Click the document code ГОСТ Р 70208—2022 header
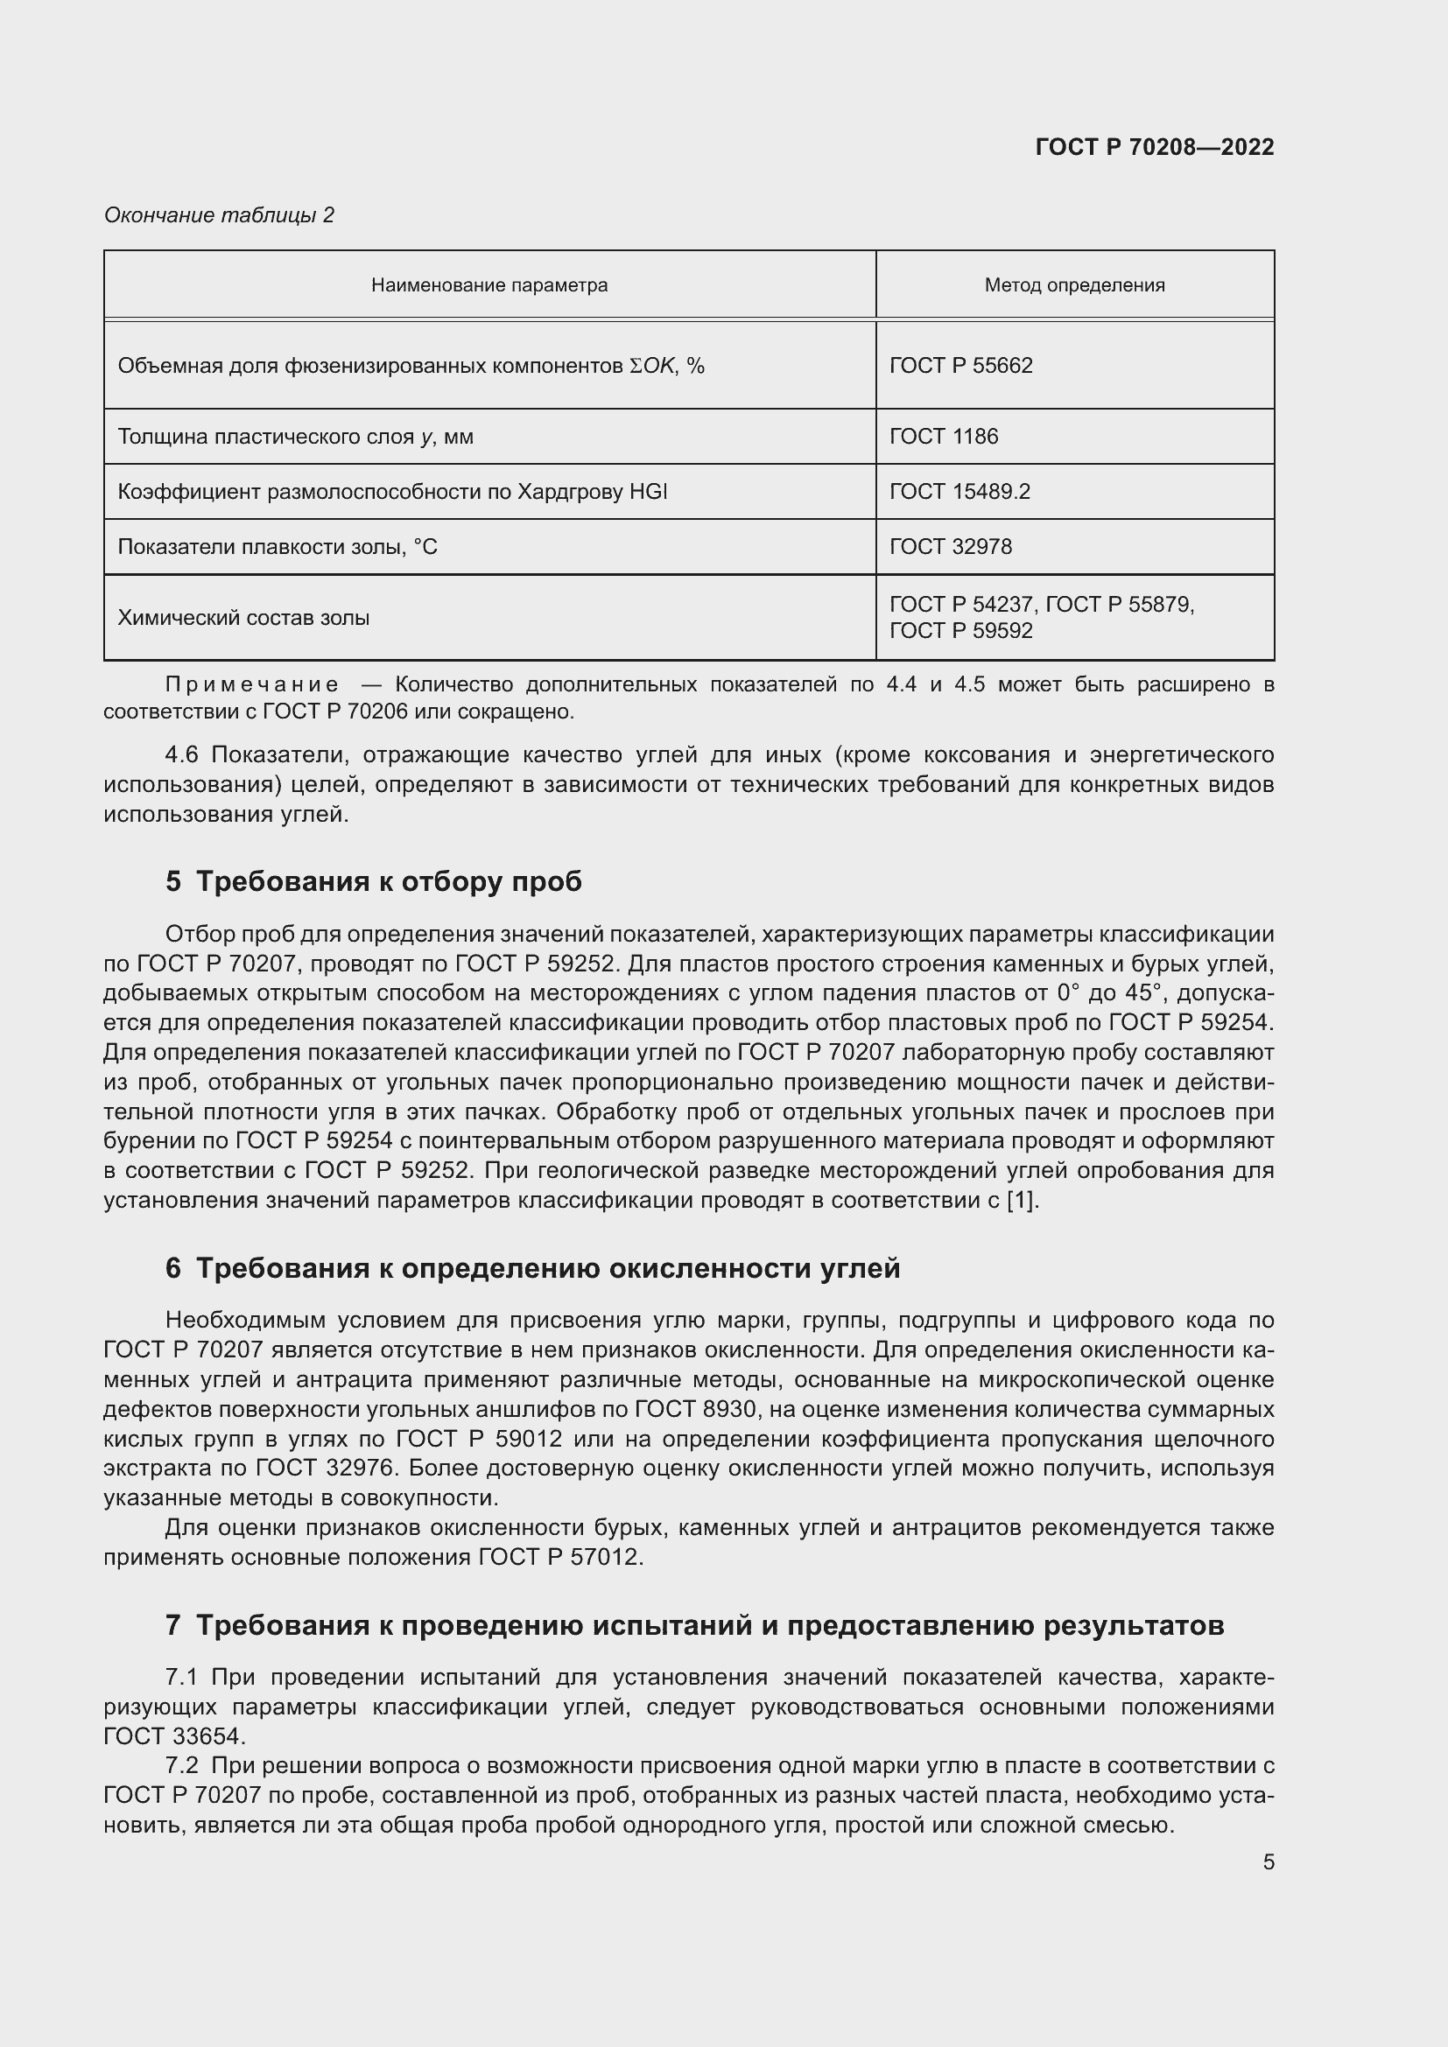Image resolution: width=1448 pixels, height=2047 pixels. coord(1154,147)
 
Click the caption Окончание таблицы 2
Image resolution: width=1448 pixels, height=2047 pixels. coord(219,215)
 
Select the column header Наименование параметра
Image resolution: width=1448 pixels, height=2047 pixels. coord(489,285)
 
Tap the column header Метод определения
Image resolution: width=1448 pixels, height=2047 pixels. coord(1073,285)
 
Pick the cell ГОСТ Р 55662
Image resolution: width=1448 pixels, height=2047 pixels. coord(960,366)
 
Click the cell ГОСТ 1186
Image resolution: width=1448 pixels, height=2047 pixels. coord(944,437)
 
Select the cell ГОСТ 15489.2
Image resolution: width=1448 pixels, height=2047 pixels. coord(959,492)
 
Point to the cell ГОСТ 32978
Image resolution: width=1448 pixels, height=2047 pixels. coord(951,546)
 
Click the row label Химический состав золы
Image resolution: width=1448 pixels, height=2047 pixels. coord(243,618)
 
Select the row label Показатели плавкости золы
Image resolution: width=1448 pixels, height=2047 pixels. coord(278,546)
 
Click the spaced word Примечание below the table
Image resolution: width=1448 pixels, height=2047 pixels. coord(251,684)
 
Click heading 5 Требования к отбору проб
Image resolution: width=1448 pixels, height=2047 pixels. coord(373,882)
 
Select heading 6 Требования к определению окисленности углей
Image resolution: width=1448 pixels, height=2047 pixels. coord(531,1268)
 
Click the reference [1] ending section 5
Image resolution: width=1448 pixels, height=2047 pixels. coord(1022,1200)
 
